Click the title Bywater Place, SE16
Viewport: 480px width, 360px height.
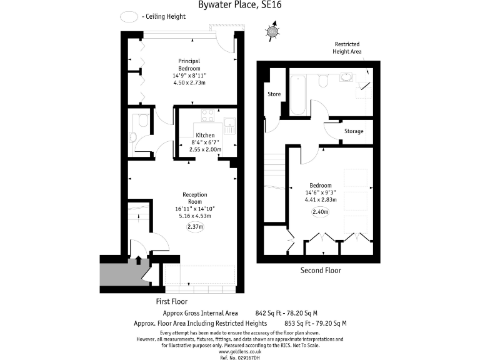tap(240, 6)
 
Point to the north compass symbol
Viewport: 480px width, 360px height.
tap(272, 32)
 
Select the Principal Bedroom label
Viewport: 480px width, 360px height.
tap(189, 64)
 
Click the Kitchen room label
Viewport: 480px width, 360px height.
tap(205, 135)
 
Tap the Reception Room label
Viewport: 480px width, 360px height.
tap(195, 198)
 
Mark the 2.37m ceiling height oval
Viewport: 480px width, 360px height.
tap(195, 227)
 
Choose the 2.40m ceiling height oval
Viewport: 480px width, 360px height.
tap(321, 211)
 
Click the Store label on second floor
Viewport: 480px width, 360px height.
tap(274, 94)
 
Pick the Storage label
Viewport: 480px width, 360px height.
tap(354, 131)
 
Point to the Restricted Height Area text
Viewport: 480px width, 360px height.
tap(347, 48)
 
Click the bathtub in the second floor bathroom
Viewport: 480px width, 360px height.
tap(297, 94)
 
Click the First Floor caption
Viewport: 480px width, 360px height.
tap(171, 301)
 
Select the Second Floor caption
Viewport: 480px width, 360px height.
tap(321, 271)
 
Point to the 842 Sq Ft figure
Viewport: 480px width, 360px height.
tap(270, 313)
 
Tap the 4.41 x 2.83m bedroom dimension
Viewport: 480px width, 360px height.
tap(321, 200)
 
